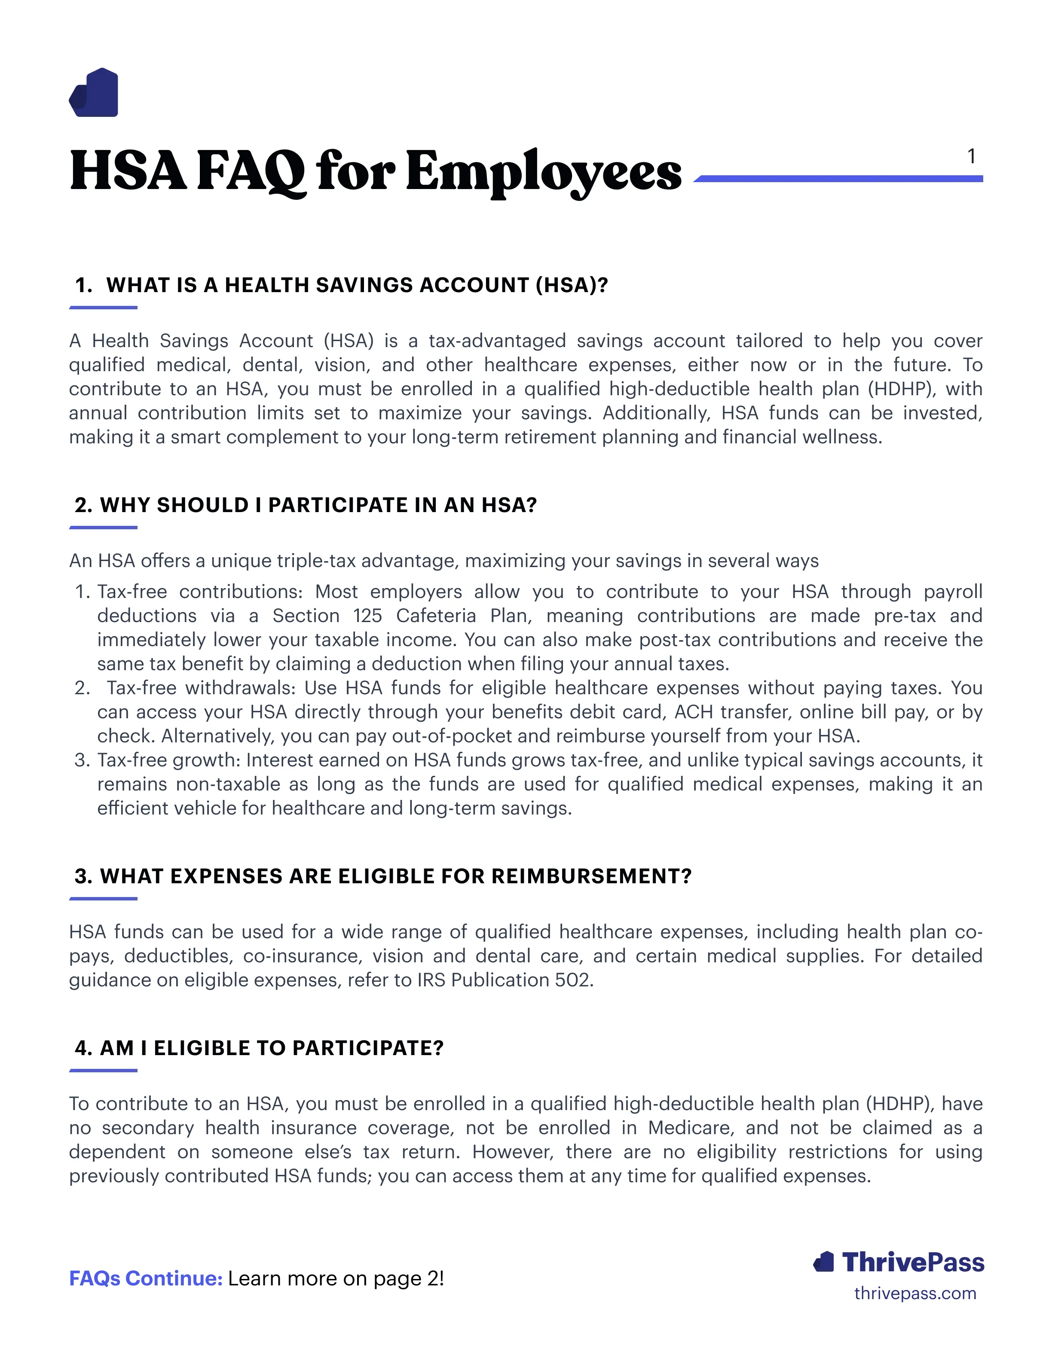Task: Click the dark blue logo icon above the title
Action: coord(94,93)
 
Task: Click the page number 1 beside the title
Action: coord(971,156)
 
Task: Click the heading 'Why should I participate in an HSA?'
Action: coord(306,505)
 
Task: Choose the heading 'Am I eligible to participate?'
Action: coord(259,1048)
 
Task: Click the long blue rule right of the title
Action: coord(838,179)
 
